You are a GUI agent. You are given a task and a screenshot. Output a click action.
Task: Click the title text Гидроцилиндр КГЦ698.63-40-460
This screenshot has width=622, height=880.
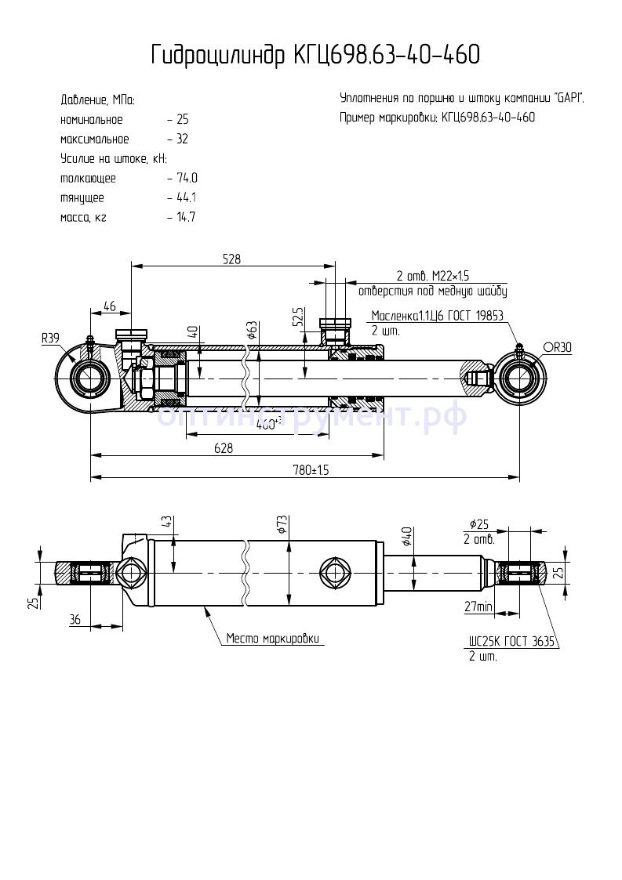pos(315,55)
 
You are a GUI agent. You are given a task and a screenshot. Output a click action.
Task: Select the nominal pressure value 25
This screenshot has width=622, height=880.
pos(182,120)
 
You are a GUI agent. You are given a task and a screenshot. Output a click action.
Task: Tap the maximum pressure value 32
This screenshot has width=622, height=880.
pos(182,139)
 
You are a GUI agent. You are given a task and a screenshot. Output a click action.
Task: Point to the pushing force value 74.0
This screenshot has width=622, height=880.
pos(187,179)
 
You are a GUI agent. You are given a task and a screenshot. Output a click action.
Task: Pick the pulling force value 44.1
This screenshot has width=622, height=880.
pos(186,198)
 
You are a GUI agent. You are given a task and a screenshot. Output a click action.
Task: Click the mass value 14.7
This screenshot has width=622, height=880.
pos(186,218)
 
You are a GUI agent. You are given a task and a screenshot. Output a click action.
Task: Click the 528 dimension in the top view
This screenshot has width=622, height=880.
pos(231,259)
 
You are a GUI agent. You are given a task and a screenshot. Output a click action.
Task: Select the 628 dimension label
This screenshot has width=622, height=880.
pos(224,448)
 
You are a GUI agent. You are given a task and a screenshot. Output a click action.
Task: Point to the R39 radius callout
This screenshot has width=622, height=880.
pos(51,339)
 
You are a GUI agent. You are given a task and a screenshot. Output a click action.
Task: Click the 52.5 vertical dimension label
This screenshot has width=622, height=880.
pos(298,317)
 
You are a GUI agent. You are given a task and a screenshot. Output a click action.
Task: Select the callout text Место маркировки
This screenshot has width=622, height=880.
pos(273,638)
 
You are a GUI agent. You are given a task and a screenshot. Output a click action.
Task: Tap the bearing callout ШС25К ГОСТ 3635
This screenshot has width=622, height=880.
pos(511,642)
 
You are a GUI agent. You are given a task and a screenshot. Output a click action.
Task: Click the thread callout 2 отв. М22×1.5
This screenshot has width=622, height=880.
pos(432,276)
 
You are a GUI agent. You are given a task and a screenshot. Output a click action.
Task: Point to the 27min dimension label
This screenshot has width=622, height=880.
pos(478,606)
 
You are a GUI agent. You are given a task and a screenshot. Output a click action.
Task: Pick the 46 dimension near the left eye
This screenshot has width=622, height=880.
pos(109,306)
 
